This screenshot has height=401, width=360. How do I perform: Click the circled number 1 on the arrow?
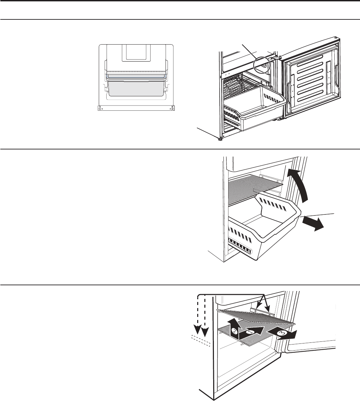(x=251, y=332)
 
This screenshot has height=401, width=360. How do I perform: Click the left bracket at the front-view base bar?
(x=99, y=108)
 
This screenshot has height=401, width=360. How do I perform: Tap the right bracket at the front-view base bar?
(x=173, y=108)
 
